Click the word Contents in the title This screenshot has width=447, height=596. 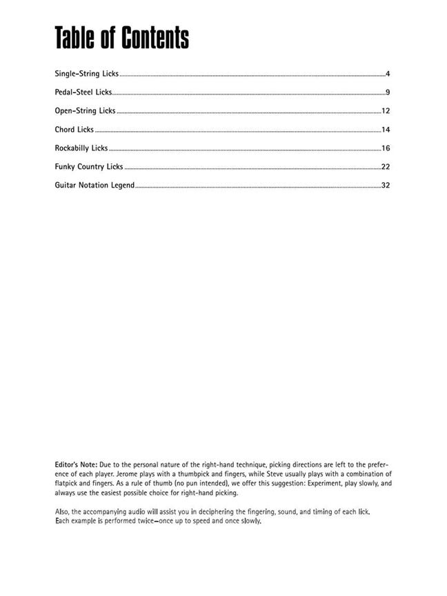pyautogui.click(x=155, y=38)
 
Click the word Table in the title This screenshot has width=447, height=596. pyautogui.click(x=76, y=38)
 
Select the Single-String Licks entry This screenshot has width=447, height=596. pyautogui.click(x=87, y=73)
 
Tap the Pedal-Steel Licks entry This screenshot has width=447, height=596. pyautogui.click(x=83, y=92)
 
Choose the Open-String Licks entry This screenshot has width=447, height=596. pyautogui.click(x=85, y=110)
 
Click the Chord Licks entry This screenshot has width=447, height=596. pyautogui.click(x=74, y=129)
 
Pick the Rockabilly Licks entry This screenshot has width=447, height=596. pyautogui.click(x=81, y=148)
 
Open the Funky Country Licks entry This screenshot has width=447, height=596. pyautogui.click(x=89, y=166)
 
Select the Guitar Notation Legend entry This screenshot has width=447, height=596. pyautogui.click(x=95, y=185)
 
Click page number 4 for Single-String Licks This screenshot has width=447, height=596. pyautogui.click(x=388, y=74)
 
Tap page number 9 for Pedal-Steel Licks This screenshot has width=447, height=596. pyautogui.click(x=388, y=92)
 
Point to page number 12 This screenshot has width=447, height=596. pyautogui.click(x=386, y=111)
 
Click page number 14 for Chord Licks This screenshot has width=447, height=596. pyautogui.click(x=386, y=130)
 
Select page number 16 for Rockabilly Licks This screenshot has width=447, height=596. pyautogui.click(x=386, y=148)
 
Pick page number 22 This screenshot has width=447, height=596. pyautogui.click(x=386, y=167)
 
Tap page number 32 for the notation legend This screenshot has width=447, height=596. pyautogui.click(x=386, y=186)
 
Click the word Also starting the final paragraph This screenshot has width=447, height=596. pyautogui.click(x=62, y=511)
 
